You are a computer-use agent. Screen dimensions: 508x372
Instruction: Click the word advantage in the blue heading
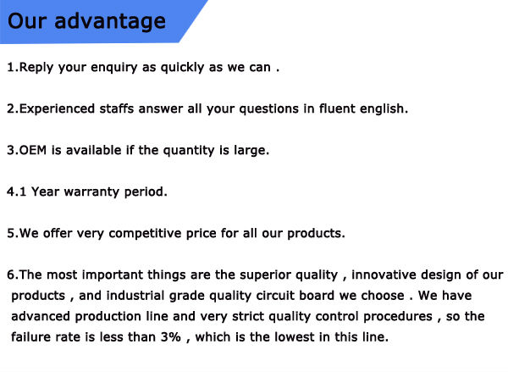click(x=110, y=22)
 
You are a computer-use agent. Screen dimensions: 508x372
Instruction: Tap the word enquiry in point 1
click(x=114, y=68)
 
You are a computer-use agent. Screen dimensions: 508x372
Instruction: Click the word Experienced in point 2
click(x=57, y=109)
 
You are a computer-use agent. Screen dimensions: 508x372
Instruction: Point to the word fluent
click(x=337, y=108)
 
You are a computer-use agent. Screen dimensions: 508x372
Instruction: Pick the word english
click(x=384, y=109)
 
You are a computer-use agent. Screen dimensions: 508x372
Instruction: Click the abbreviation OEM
click(x=33, y=150)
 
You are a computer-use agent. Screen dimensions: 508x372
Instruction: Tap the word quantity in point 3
click(x=189, y=151)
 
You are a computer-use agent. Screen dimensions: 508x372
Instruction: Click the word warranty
click(x=91, y=192)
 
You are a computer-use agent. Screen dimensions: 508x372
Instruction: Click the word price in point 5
click(x=201, y=234)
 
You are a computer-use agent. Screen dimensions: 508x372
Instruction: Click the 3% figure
click(x=171, y=337)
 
